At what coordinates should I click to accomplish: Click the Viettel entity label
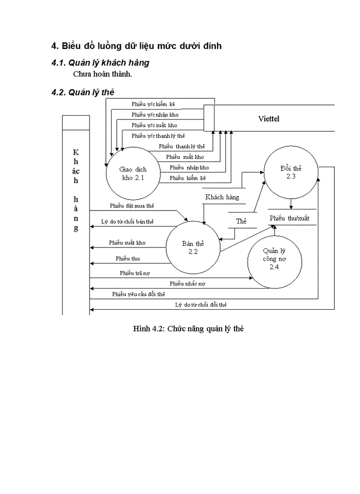click(269, 119)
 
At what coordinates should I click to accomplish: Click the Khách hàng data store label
click(222, 197)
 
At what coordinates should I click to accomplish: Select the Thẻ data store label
click(241, 221)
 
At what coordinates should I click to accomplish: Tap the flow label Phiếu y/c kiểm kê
click(153, 104)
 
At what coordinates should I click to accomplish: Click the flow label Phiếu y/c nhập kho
click(155, 114)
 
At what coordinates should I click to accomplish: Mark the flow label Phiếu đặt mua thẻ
click(132, 206)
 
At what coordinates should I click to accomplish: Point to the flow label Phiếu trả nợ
click(135, 273)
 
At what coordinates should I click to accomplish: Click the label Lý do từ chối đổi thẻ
click(201, 305)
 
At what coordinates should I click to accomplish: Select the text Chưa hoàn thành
click(102, 74)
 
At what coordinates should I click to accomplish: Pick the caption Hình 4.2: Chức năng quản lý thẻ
click(188, 328)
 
